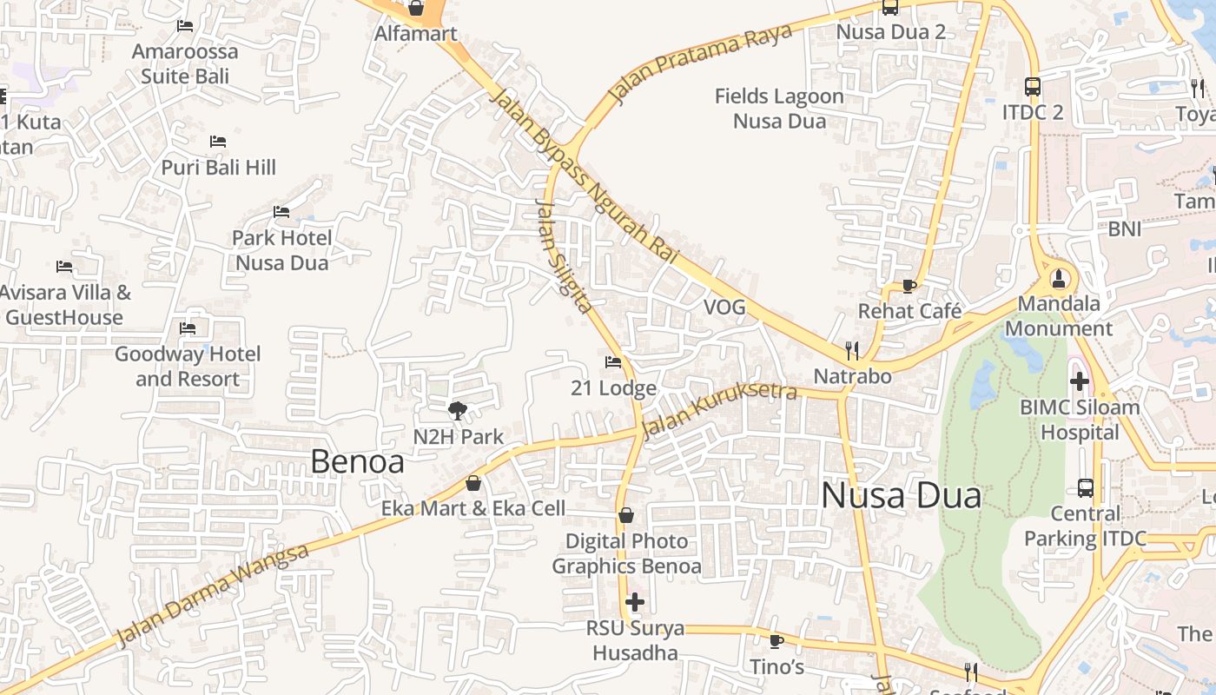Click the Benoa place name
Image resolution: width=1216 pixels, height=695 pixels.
(x=357, y=462)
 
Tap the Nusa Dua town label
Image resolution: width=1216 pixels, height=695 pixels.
(x=901, y=496)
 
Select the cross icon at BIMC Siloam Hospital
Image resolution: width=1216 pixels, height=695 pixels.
(x=1080, y=381)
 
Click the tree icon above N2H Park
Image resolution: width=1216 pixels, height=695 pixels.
(x=458, y=411)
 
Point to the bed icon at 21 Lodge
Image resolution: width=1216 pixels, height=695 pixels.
(x=613, y=361)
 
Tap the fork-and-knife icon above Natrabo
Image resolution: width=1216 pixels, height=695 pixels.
(x=852, y=350)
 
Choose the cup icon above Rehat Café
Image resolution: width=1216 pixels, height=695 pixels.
(x=909, y=285)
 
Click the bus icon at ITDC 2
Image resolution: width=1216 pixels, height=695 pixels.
(x=1033, y=86)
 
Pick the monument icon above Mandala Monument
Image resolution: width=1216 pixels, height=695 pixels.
(x=1058, y=279)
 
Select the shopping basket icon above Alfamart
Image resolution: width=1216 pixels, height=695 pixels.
(x=416, y=8)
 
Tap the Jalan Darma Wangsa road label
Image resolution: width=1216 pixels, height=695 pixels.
(x=213, y=596)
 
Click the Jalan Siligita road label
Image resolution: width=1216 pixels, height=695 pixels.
(x=564, y=256)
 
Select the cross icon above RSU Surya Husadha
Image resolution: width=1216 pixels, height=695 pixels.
(x=635, y=601)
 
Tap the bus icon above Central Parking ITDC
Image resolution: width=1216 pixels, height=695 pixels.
(x=1085, y=487)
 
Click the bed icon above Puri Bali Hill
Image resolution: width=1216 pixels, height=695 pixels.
(x=218, y=141)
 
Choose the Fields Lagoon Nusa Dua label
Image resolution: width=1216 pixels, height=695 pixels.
(x=779, y=109)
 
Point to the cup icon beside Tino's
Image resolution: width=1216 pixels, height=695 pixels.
(x=777, y=641)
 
